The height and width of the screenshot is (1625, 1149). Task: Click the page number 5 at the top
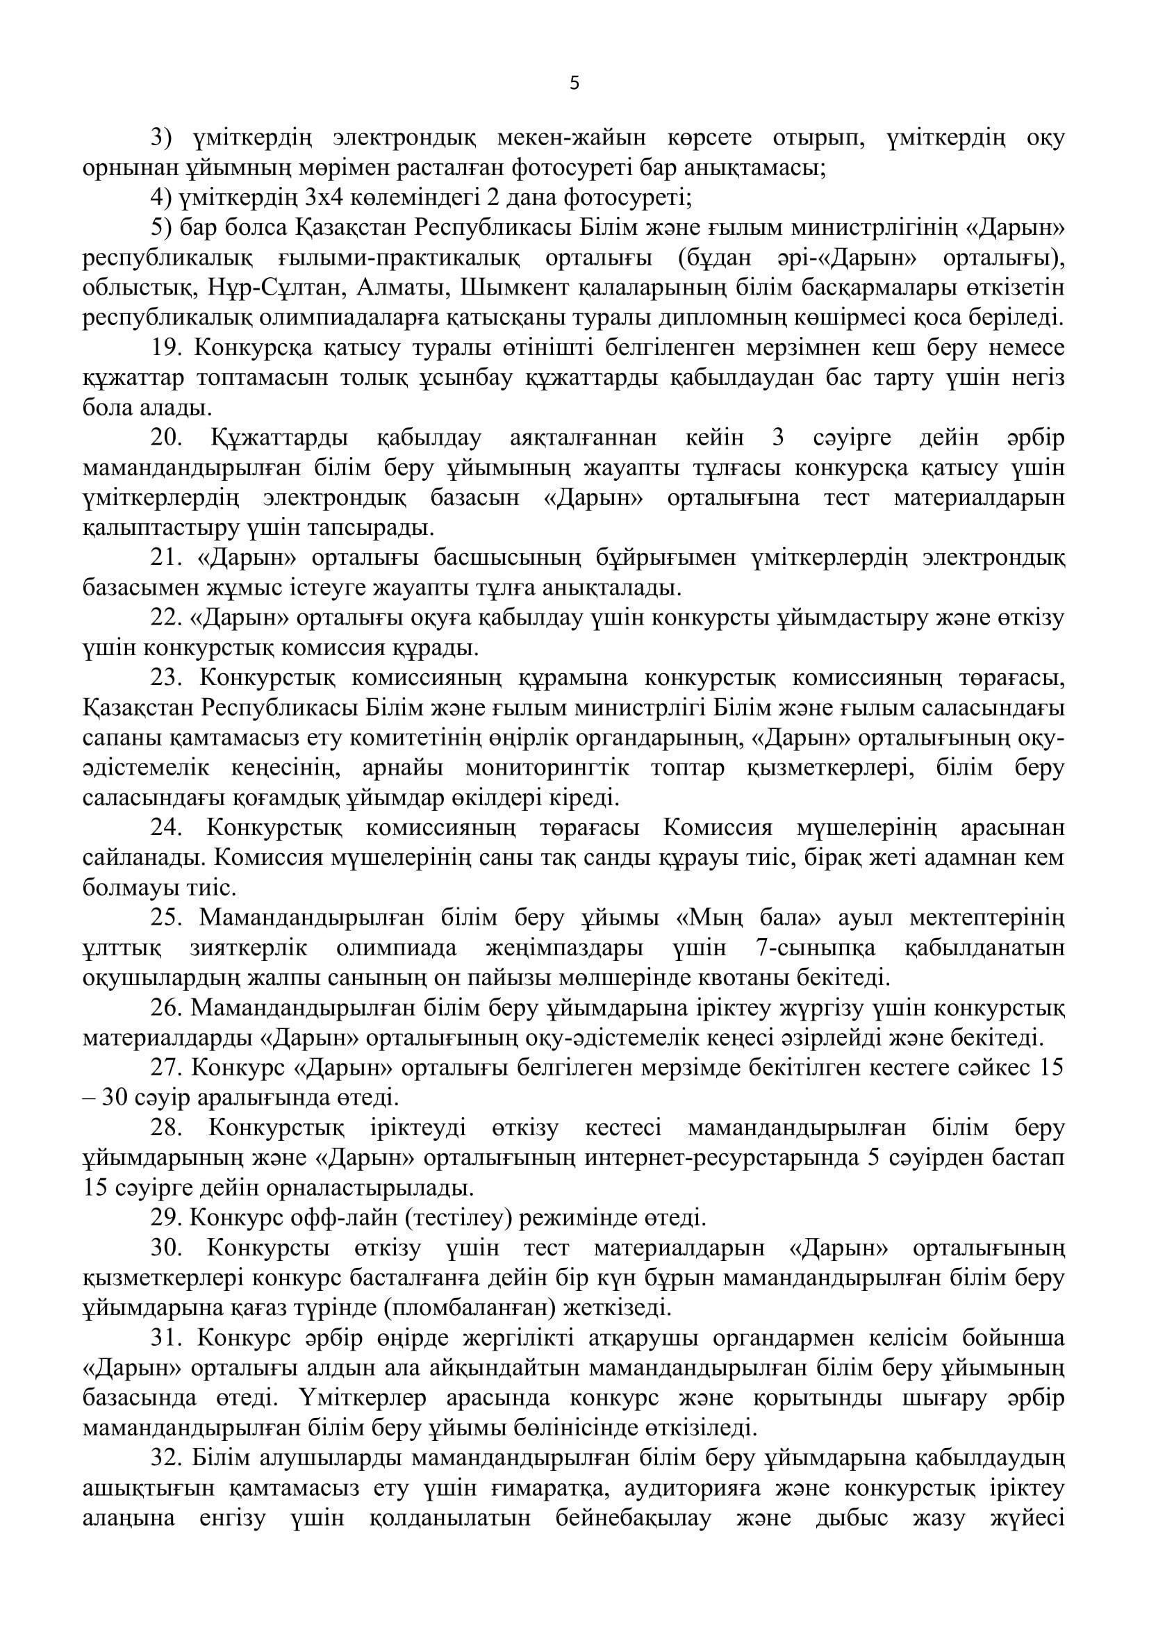click(x=574, y=84)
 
